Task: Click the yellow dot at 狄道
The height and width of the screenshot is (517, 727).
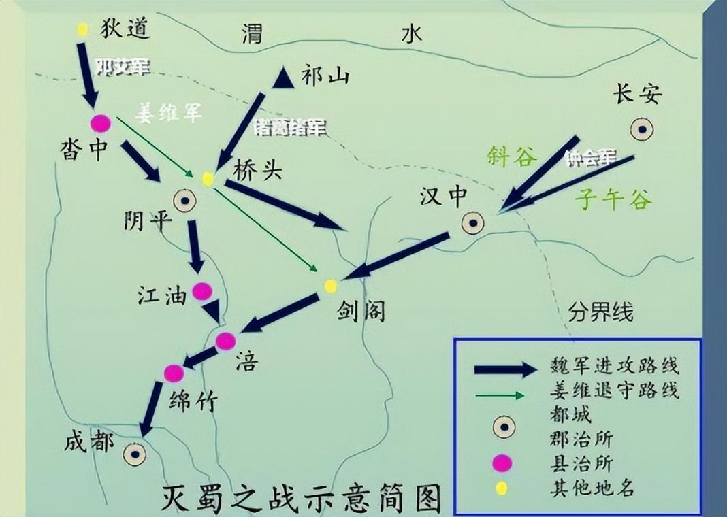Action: (x=82, y=30)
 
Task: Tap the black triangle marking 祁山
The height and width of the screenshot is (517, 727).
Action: (x=283, y=78)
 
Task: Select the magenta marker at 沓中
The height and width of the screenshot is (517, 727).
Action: (x=101, y=123)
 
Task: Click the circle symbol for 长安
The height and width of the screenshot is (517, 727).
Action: (x=642, y=129)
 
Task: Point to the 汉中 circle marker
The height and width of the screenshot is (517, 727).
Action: (x=472, y=222)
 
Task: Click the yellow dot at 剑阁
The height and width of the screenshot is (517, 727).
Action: (x=330, y=285)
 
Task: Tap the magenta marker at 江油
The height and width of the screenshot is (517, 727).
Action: (x=202, y=291)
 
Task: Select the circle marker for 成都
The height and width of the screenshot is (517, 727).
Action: (x=135, y=454)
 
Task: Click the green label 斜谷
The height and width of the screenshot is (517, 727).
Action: (x=512, y=157)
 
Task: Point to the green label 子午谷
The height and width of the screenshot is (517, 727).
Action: (x=613, y=199)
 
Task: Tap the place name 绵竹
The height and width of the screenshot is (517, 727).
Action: (x=193, y=401)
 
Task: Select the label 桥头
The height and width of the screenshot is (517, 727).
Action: (x=257, y=170)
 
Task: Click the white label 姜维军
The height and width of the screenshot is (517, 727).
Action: (x=168, y=113)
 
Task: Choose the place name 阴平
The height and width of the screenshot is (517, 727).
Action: (x=144, y=219)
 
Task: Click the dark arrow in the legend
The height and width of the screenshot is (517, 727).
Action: (x=505, y=369)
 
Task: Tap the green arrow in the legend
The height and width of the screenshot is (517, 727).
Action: (x=500, y=395)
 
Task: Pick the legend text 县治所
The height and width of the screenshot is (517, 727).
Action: (x=581, y=465)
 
